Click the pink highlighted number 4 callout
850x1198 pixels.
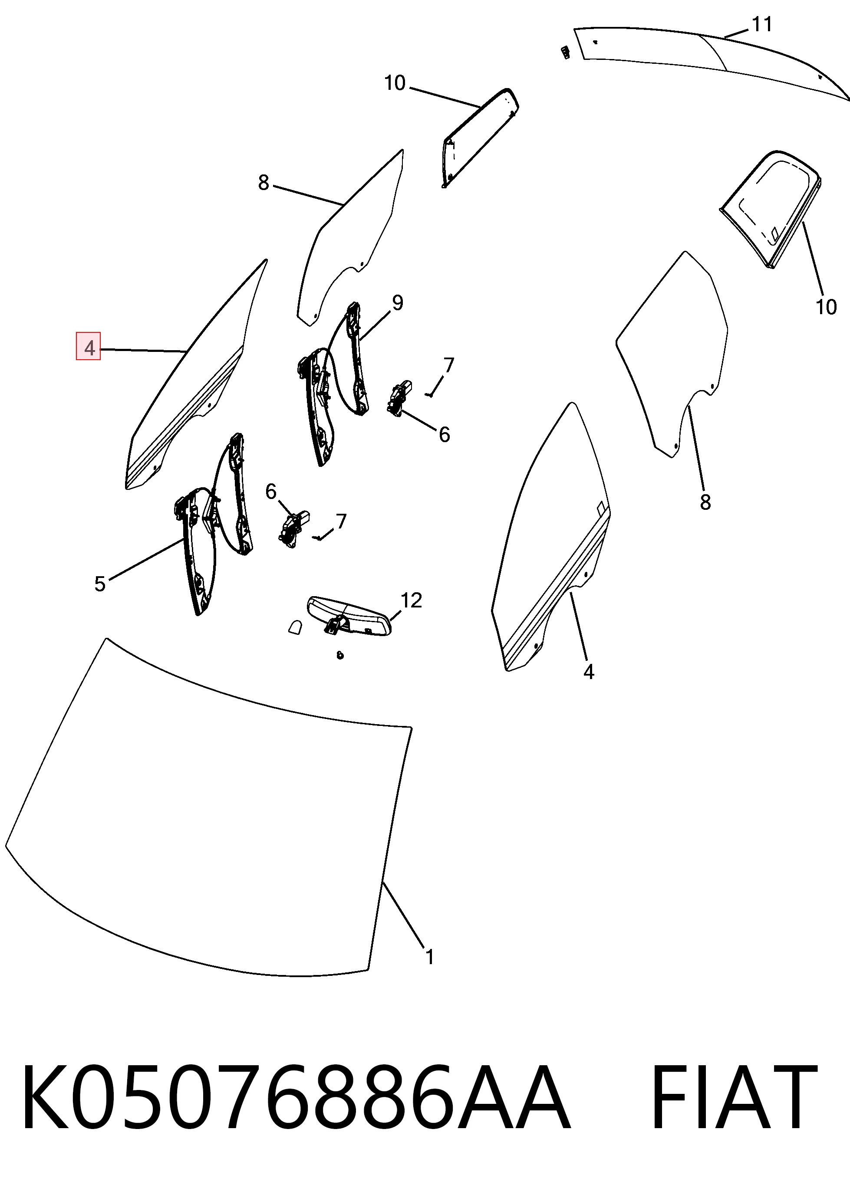pyautogui.click(x=89, y=346)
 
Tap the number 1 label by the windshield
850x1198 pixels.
pyautogui.click(x=430, y=957)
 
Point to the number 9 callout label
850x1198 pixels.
pyautogui.click(x=398, y=303)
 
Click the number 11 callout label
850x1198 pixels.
pyautogui.click(x=762, y=24)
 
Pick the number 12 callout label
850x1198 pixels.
pyautogui.click(x=412, y=600)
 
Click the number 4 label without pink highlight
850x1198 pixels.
pyautogui.click(x=589, y=672)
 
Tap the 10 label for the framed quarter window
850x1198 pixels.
pyautogui.click(x=826, y=307)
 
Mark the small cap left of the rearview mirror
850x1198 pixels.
pyautogui.click(x=296, y=627)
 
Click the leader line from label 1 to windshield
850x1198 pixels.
pyautogui.click(x=404, y=914)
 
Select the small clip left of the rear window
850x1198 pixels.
pyautogui.click(x=565, y=53)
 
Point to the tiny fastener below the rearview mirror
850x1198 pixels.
pyautogui.click(x=340, y=655)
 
